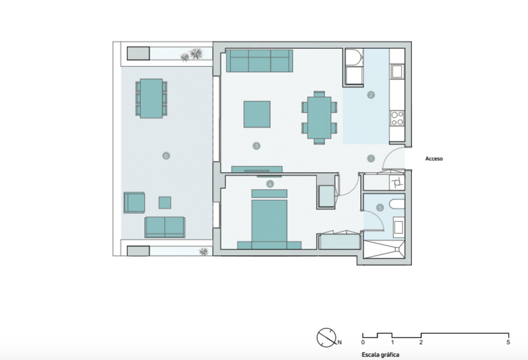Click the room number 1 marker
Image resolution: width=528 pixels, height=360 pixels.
[371, 158]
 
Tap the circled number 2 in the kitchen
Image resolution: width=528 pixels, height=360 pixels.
[371, 95]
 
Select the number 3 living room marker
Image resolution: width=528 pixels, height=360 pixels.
[256, 146]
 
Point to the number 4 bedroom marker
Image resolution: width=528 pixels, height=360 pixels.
[270, 184]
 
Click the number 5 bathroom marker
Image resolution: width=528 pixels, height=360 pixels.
[380, 208]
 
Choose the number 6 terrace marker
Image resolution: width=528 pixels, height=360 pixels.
[166, 156]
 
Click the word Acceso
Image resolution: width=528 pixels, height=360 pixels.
[434, 159]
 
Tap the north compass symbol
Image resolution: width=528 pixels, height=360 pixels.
[326, 337]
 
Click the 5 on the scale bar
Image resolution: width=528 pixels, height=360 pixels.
[508, 342]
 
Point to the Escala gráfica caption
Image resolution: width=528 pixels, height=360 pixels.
[380, 355]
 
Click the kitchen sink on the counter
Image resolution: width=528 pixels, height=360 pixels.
[397, 71]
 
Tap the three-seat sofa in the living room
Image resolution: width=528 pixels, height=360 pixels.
[259, 61]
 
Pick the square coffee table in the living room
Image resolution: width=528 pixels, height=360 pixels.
[257, 115]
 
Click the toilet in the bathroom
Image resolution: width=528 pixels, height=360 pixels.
[397, 204]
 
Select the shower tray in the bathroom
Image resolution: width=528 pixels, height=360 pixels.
[384, 249]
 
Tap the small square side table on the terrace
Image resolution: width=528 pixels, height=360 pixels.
[165, 203]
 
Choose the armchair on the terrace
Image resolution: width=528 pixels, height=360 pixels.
[134, 203]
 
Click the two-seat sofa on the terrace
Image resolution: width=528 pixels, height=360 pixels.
[165, 227]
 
